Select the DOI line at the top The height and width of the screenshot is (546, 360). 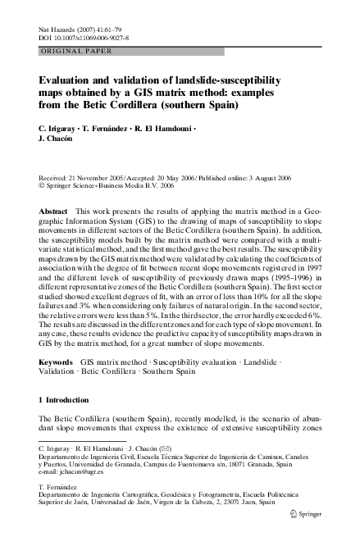pyautogui.click(x=89, y=39)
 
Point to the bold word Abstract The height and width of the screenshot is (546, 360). pyautogui.click(x=54, y=212)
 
